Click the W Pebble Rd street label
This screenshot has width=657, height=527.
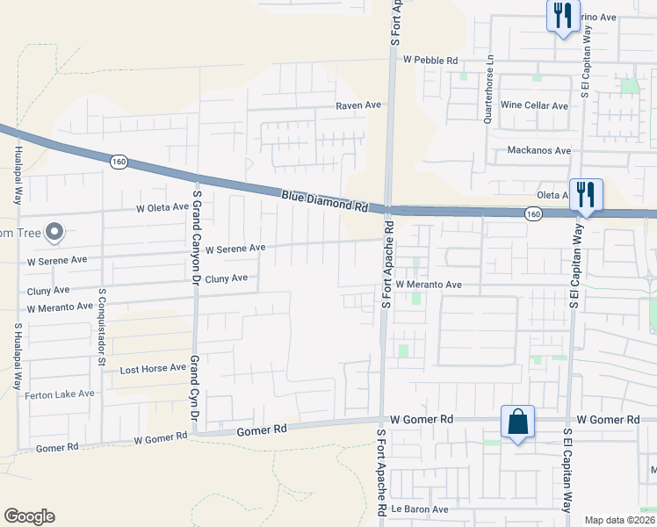430,60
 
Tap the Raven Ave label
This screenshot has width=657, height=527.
358,105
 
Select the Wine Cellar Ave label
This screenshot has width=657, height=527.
534,105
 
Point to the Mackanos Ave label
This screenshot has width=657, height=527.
539,151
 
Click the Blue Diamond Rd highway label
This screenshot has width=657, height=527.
324,201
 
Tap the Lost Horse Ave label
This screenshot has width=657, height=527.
153,369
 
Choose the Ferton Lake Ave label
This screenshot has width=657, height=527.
60,394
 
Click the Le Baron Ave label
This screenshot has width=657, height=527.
420,509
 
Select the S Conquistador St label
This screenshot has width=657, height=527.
102,326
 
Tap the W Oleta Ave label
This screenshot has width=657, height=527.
162,208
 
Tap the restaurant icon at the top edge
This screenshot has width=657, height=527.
563,15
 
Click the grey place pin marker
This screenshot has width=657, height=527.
54,233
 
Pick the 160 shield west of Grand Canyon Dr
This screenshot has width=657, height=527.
119,162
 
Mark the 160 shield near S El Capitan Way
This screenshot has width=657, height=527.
533,213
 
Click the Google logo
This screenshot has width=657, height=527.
29,516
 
